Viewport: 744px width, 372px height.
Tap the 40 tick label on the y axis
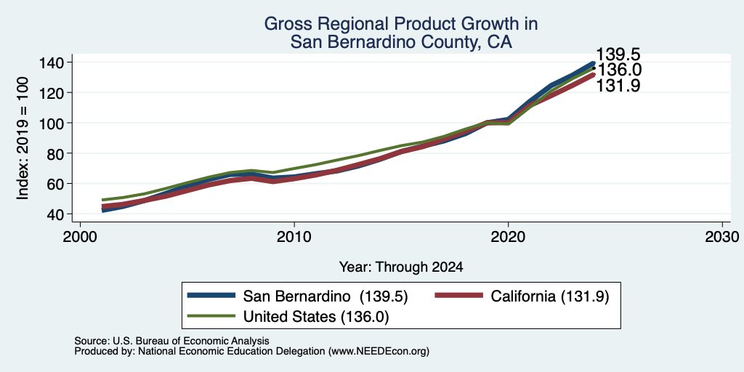(x=54, y=214)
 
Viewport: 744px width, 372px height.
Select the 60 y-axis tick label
(x=54, y=184)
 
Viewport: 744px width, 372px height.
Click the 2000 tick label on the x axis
(x=80, y=236)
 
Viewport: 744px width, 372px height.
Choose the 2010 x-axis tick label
(x=294, y=236)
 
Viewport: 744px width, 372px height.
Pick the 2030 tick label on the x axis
(x=722, y=236)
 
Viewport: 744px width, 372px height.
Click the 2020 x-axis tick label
(x=508, y=236)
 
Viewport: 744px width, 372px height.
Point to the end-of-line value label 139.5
(x=618, y=54)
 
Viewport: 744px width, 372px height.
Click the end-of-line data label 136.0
(x=619, y=70)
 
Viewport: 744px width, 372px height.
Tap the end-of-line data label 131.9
(x=618, y=86)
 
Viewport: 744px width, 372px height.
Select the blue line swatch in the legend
(x=211, y=296)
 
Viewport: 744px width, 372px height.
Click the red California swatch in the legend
(x=458, y=296)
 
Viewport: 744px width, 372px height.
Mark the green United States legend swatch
(x=211, y=316)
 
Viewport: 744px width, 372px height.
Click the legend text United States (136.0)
(x=316, y=317)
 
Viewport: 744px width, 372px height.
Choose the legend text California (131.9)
(x=550, y=296)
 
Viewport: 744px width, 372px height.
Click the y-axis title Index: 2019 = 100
(x=23, y=138)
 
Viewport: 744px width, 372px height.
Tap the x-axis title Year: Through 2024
(x=401, y=267)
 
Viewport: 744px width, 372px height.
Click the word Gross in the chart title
(x=284, y=24)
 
